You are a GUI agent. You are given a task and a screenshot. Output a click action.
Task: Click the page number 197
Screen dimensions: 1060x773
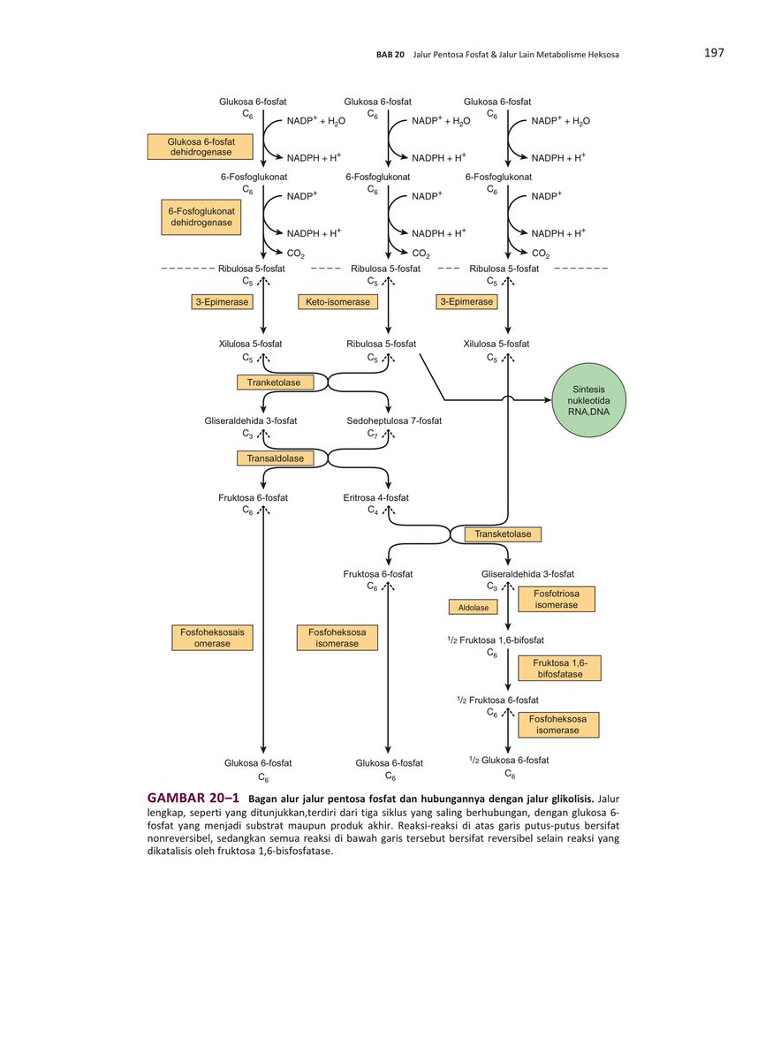[714, 53]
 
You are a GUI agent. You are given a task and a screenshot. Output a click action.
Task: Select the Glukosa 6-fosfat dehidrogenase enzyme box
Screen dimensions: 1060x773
[199, 147]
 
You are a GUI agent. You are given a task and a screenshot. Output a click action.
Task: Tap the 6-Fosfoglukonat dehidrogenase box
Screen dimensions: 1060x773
[201, 217]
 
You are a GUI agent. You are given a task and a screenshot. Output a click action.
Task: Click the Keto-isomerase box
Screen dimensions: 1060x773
[337, 302]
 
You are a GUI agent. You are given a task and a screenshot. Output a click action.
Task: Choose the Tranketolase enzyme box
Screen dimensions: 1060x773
[275, 382]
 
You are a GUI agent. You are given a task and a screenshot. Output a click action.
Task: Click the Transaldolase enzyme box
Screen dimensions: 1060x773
[275, 458]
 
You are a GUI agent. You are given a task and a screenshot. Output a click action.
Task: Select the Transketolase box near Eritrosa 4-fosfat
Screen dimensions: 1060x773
[502, 534]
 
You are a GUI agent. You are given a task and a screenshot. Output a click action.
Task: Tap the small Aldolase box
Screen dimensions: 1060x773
[473, 608]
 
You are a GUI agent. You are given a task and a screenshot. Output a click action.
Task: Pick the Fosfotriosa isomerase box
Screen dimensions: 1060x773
[556, 600]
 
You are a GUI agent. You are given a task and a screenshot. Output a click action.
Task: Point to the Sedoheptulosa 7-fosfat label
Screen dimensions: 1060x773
[394, 421]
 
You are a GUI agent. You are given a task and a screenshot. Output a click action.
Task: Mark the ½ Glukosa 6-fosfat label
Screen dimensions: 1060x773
[508, 760]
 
